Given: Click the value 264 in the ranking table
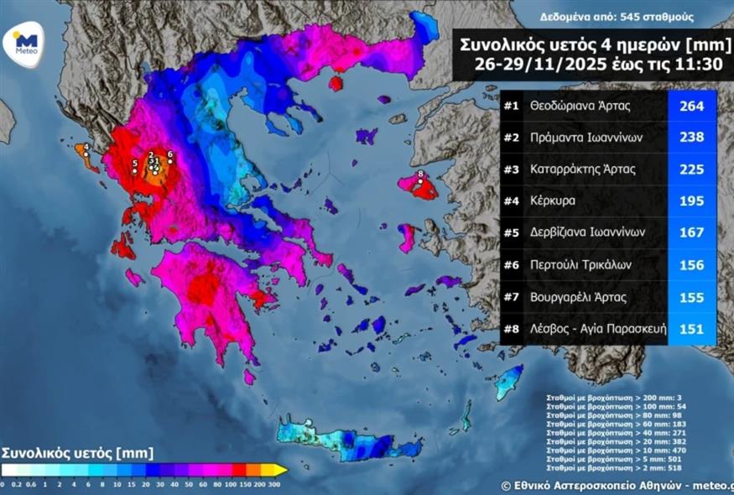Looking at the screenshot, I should coord(691,107).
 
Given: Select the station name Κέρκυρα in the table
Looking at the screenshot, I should coord(554,201).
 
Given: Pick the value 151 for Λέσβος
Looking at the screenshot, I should coord(691,328).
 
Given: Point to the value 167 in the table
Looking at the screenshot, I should coord(691,232).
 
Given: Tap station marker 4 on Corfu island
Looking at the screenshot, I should coord(86,154).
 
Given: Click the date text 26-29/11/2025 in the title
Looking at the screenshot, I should coord(528,63).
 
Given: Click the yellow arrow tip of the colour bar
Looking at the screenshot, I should coord(284,470).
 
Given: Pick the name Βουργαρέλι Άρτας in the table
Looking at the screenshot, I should coord(578,296).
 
